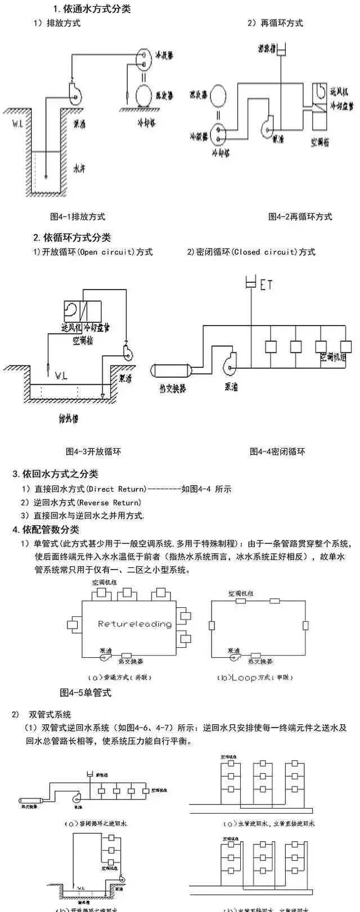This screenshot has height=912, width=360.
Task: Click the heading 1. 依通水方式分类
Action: click(x=92, y=10)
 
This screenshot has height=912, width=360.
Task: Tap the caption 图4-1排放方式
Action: click(x=78, y=216)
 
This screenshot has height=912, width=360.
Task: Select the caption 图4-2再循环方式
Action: click(x=300, y=216)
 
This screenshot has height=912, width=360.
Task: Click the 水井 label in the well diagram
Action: click(x=79, y=168)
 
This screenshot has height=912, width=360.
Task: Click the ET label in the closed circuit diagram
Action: click(x=266, y=285)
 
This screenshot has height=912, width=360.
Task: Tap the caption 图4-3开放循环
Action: click(x=93, y=451)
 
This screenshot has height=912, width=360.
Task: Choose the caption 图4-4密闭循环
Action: click(x=277, y=451)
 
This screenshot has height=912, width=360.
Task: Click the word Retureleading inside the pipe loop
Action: click(x=134, y=624)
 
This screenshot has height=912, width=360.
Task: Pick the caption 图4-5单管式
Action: click(x=85, y=693)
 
